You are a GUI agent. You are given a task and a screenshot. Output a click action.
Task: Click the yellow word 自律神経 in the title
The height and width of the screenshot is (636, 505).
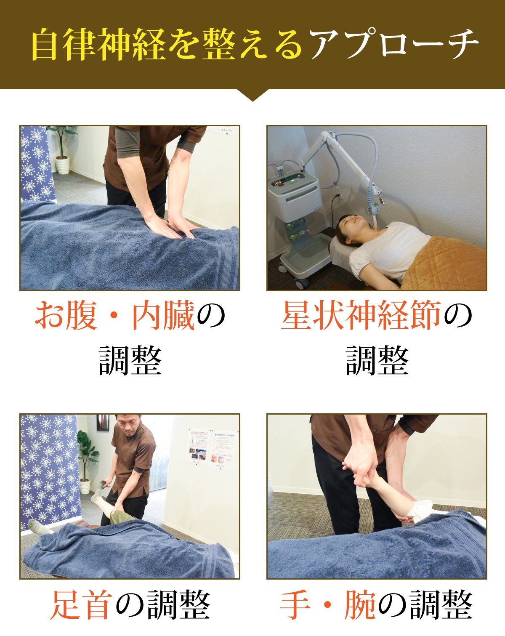click(x=98, y=44)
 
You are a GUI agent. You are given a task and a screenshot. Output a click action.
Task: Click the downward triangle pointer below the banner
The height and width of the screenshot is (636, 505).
click(x=252, y=95)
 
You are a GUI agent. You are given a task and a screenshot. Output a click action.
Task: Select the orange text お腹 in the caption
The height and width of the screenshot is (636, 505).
click(x=66, y=315)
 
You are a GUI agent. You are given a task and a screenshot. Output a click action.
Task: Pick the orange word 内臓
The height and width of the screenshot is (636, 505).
click(x=163, y=315)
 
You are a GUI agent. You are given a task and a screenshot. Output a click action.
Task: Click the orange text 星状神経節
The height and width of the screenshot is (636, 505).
click(x=361, y=315)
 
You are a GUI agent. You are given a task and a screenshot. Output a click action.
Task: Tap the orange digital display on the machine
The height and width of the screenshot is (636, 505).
click(x=278, y=184)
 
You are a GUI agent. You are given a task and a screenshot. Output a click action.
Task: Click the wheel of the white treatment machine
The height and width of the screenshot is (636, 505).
click(x=301, y=284)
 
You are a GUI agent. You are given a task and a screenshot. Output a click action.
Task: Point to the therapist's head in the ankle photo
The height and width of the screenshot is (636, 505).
click(x=128, y=424)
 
